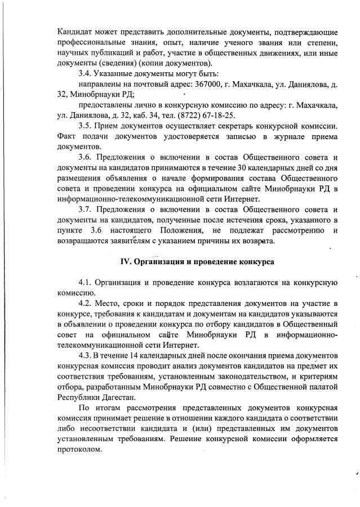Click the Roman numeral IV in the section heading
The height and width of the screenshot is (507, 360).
click(x=126, y=263)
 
